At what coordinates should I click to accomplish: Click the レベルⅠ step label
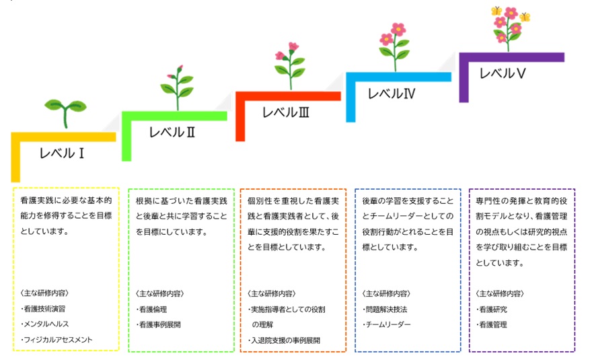(x=62, y=153)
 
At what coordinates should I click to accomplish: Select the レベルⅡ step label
(x=172, y=132)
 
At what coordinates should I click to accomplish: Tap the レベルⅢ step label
(x=285, y=112)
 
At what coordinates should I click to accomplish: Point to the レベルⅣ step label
(x=392, y=94)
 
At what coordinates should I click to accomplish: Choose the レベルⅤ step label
(x=503, y=73)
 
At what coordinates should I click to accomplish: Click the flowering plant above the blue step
(x=395, y=44)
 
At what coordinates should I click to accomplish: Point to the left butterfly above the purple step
(x=497, y=11)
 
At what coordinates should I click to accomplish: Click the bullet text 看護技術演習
(x=52, y=309)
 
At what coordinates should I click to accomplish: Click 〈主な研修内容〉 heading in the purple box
(x=500, y=293)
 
